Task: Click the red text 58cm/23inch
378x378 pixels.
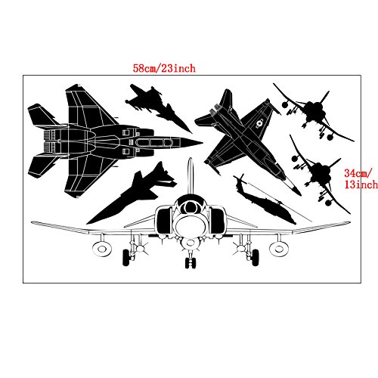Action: tap(163, 68)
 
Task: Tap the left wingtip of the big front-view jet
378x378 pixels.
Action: tap(33, 223)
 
